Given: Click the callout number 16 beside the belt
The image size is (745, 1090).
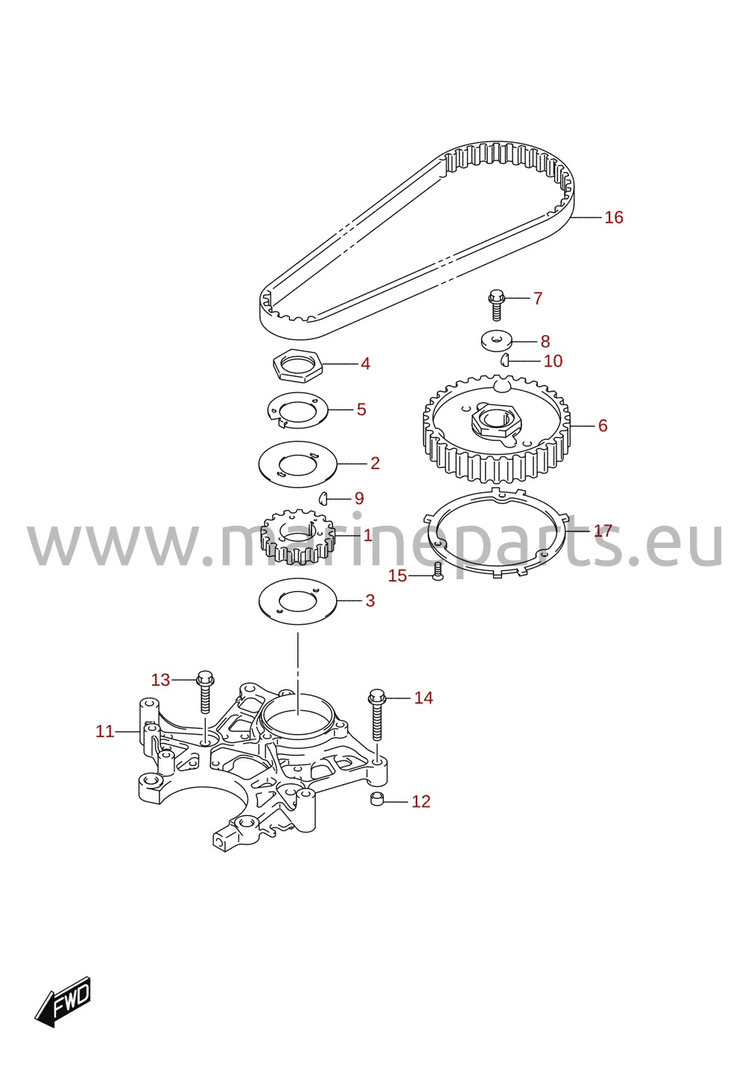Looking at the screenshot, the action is [614, 217].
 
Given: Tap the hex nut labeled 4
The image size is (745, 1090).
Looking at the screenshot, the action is [297, 365].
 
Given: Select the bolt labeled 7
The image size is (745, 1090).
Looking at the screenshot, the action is [495, 305].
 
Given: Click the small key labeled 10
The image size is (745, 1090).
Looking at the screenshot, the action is [504, 360].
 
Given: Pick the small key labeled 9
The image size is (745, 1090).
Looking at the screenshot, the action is [323, 497].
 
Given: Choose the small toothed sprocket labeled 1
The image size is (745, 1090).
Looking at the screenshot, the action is [297, 537].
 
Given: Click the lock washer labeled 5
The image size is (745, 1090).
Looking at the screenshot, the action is [297, 410].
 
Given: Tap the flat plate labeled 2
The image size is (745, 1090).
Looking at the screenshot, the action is [297, 464].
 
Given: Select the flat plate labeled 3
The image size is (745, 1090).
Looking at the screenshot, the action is [297, 601].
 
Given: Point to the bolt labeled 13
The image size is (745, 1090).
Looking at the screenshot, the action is [205, 692].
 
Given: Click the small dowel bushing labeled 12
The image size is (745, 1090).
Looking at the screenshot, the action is [377, 799].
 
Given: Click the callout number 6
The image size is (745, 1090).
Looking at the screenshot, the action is [603, 426].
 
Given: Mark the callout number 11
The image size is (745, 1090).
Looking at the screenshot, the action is [105, 731].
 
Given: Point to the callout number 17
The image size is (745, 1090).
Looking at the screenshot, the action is [603, 530].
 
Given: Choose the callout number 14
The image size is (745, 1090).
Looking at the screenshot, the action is [423, 698].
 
